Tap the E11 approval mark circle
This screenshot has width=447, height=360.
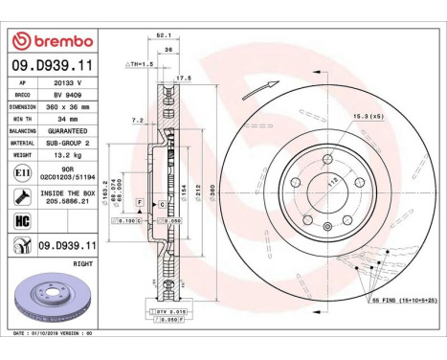[x=22, y=172]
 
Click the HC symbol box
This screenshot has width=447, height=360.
[x=22, y=219]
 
